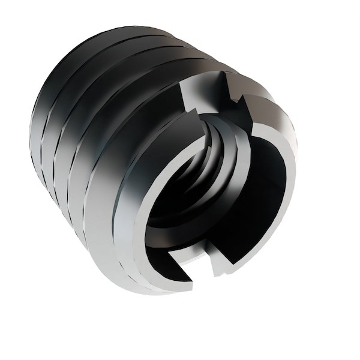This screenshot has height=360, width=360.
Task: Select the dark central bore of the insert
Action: pyautogui.click(x=198, y=198)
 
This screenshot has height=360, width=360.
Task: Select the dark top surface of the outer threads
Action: pyautogui.click(x=132, y=48)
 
